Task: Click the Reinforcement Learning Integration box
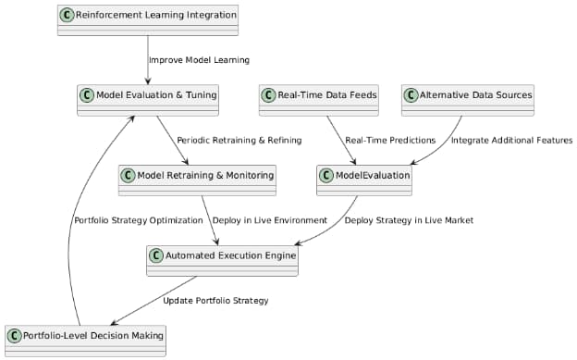(x=148, y=19)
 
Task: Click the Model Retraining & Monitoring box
(x=197, y=180)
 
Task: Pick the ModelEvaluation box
(x=364, y=180)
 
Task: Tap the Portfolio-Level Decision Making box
(x=85, y=340)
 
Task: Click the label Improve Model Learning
(x=199, y=60)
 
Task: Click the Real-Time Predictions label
(x=390, y=140)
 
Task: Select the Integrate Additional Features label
(x=512, y=140)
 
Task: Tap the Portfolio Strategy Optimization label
(x=138, y=220)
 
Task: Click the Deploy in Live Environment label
(x=269, y=220)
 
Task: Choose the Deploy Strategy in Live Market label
(x=409, y=220)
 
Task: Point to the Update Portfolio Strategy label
(x=215, y=301)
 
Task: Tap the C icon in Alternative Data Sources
(x=411, y=94)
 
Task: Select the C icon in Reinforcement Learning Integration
(x=67, y=14)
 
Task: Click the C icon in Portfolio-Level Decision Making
(x=14, y=334)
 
